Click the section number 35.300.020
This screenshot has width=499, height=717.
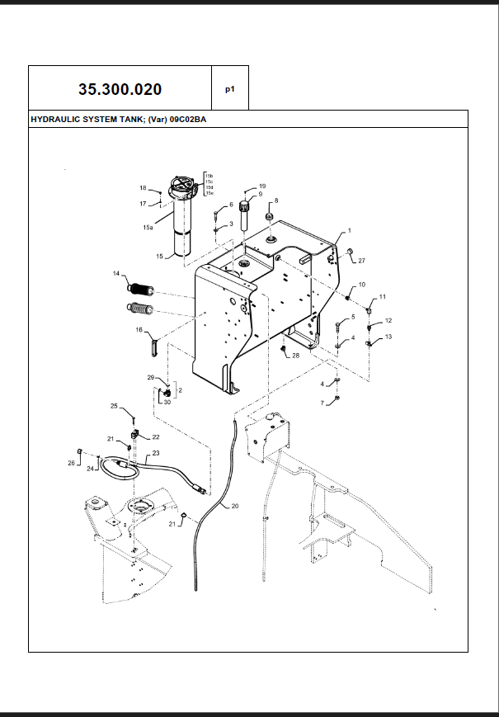pyautogui.click(x=120, y=89)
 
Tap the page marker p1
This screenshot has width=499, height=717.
pyautogui.click(x=230, y=89)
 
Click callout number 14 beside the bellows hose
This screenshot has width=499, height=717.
pyautogui.click(x=116, y=273)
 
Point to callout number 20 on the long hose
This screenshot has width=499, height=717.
pyautogui.click(x=234, y=505)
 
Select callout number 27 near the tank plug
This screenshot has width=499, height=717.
pyautogui.click(x=360, y=260)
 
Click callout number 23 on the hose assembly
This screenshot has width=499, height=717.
pyautogui.click(x=155, y=452)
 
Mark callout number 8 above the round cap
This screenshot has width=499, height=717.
pyautogui.click(x=276, y=200)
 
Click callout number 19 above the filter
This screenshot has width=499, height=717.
pyautogui.click(x=262, y=186)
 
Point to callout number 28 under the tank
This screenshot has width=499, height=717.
pyautogui.click(x=295, y=356)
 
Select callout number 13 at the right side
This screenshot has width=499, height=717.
pyautogui.click(x=388, y=337)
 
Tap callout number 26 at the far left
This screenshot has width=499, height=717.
pyautogui.click(x=71, y=463)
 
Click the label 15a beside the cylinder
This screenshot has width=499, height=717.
pyautogui.click(x=148, y=226)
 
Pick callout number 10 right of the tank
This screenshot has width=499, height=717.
pyautogui.click(x=361, y=285)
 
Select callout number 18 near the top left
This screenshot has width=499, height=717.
pyautogui.click(x=143, y=188)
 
